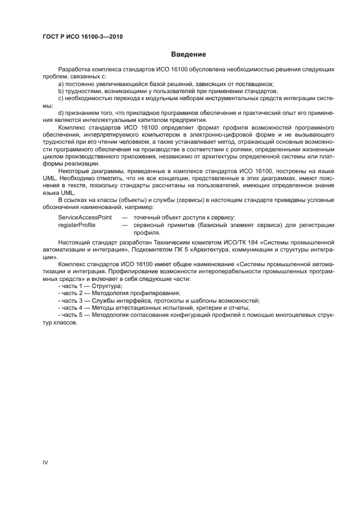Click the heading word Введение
[x=188, y=54]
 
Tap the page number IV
[x=46, y=462]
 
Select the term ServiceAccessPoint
[x=85, y=217]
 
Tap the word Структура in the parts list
[x=106, y=286]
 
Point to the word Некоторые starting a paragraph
[x=74, y=170]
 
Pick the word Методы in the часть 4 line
[x=102, y=307]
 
